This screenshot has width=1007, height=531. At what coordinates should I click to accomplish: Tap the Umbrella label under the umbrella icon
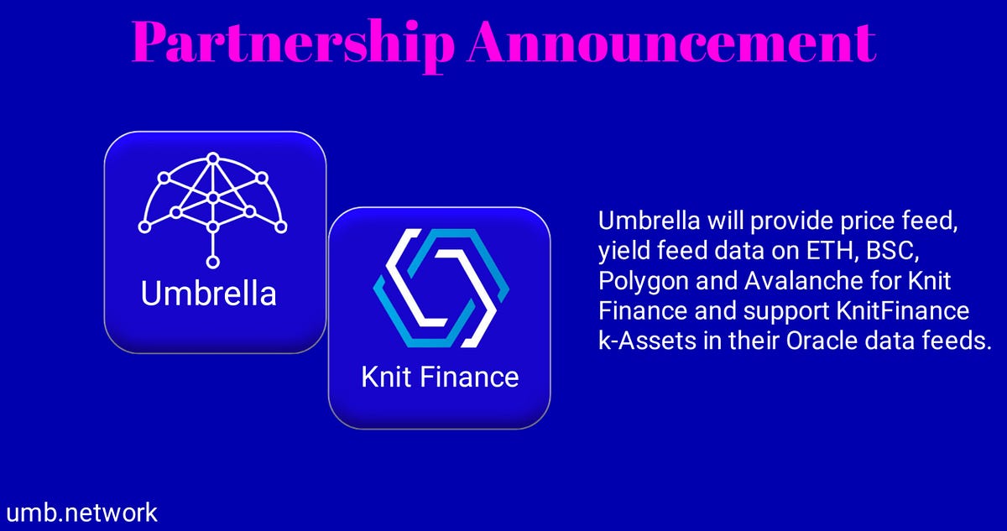[x=209, y=294]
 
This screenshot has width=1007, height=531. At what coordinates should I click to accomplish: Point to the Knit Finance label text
[x=440, y=377]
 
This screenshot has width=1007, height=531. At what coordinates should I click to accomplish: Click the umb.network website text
[x=81, y=513]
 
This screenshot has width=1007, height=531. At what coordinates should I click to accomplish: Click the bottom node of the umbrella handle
[x=213, y=258]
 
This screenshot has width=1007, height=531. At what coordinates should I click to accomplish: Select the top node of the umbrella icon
[x=213, y=157]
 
